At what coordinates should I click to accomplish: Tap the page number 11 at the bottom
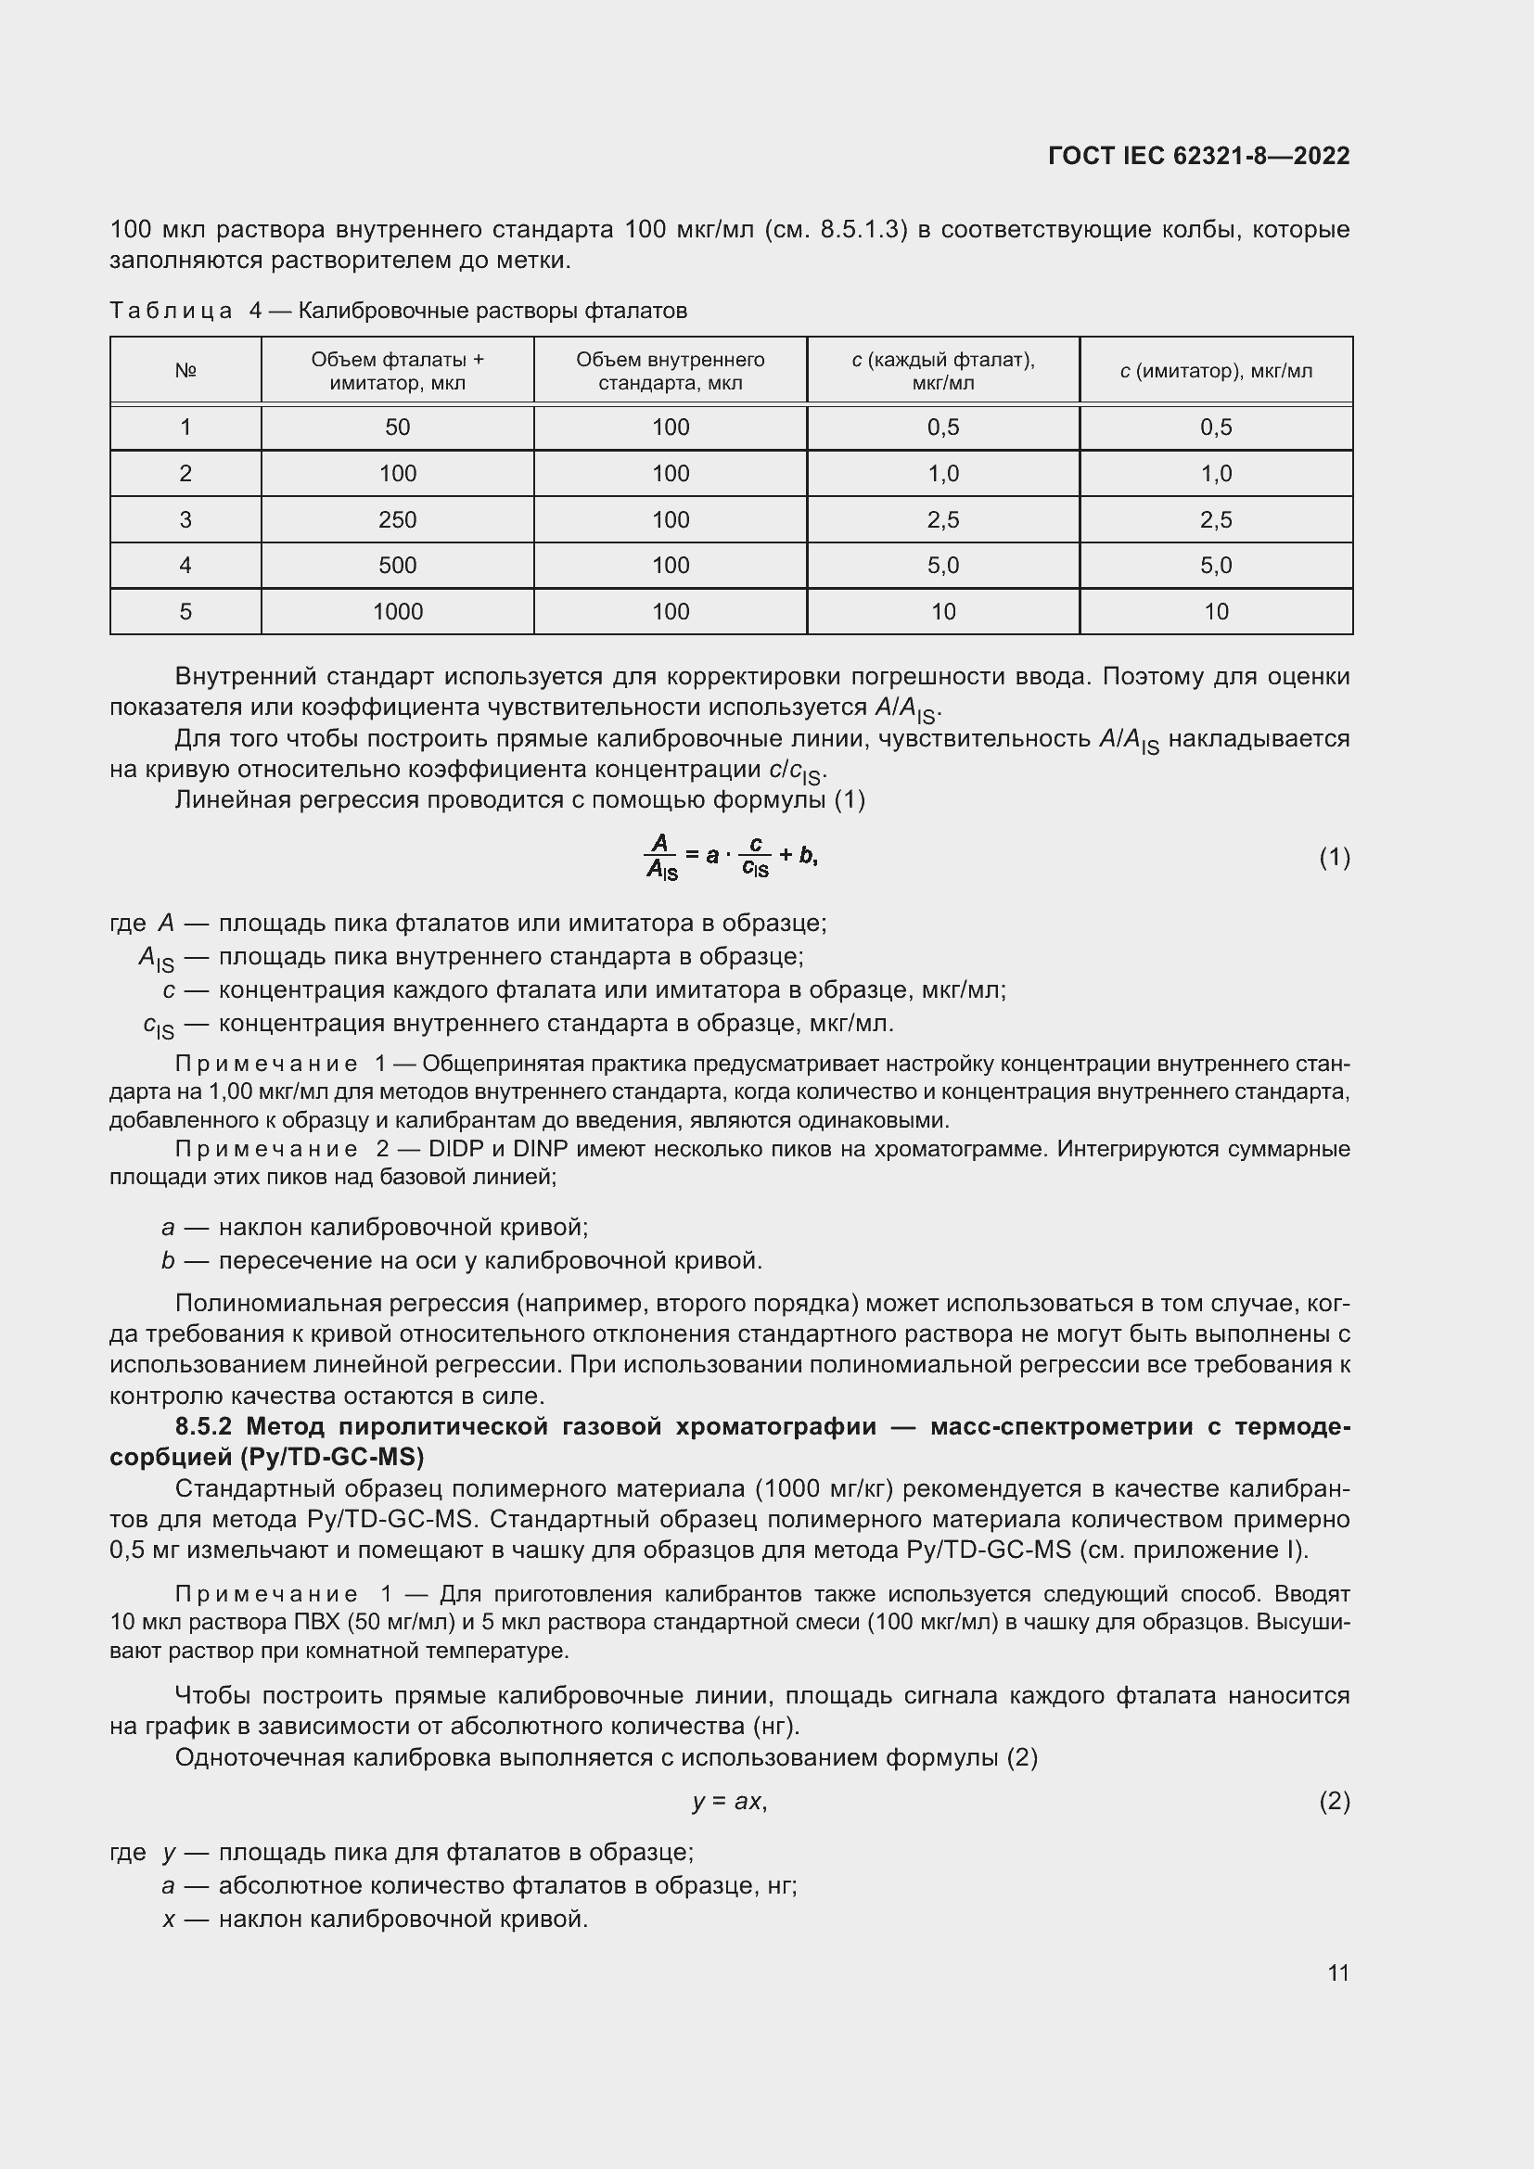1337,1972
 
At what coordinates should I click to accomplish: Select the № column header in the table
185,371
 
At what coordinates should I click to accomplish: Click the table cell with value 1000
398,611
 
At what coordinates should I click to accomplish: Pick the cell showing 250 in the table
398,519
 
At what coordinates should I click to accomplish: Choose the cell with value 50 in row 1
398,427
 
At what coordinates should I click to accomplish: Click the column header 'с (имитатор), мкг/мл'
1216,371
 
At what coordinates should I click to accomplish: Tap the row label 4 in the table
185,565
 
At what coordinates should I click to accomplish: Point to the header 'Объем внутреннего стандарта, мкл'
670,371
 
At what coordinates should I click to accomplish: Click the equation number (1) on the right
1334,858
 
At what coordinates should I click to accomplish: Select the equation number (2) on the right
1334,1802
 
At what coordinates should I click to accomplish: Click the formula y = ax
729,1802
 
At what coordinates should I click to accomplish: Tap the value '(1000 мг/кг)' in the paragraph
824,1490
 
